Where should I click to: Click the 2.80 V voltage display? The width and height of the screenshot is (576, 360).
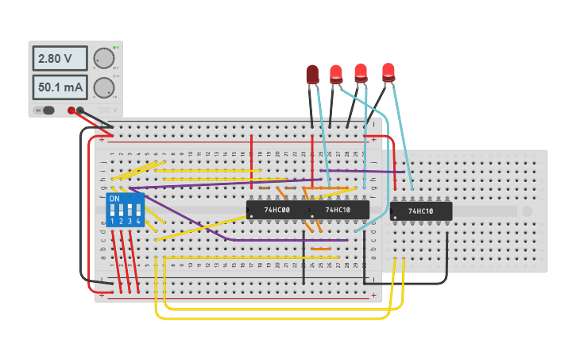[60, 59]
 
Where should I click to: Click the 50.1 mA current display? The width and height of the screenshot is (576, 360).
[60, 87]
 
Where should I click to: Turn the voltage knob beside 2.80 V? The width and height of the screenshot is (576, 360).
[103, 59]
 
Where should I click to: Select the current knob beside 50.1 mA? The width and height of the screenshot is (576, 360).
[103, 87]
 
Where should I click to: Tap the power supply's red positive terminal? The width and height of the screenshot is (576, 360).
[72, 110]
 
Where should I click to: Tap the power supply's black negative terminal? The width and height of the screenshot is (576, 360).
[80, 110]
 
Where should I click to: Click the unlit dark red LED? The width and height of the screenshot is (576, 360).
[312, 75]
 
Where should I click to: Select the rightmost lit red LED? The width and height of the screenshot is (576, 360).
[388, 72]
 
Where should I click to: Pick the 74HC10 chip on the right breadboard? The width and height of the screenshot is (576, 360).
[421, 211]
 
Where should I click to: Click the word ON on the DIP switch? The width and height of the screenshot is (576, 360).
[114, 199]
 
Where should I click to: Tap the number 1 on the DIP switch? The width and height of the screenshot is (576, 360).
[113, 221]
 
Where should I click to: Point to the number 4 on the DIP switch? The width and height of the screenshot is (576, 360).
[138, 221]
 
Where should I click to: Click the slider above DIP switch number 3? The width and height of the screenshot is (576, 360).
[130, 211]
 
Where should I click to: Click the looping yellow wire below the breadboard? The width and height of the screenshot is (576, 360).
[270, 318]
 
